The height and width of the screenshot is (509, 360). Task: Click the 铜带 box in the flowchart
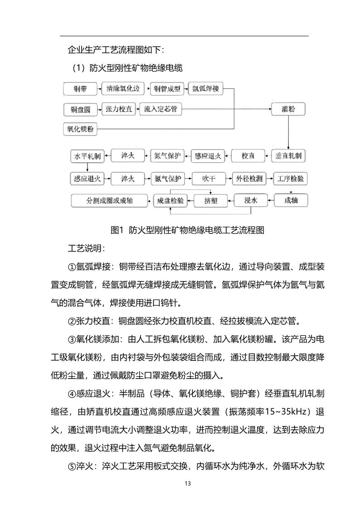coord(80,89)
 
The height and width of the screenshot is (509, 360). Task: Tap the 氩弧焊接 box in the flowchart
coord(205,88)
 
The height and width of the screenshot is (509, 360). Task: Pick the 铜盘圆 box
coord(80,110)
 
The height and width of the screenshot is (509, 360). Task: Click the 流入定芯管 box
coord(160,109)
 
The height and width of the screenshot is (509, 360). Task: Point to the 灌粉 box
coord(288,109)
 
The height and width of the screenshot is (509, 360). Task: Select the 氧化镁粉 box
coord(80,129)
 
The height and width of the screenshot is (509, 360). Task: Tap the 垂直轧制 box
coord(288,156)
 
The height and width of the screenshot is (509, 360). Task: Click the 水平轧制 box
coord(87,157)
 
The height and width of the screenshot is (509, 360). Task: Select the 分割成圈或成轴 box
coord(110,200)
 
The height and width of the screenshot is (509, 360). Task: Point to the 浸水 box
coord(251,200)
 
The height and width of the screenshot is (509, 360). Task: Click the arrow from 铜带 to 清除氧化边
coord(98,89)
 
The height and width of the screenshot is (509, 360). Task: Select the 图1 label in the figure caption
coord(117,230)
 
